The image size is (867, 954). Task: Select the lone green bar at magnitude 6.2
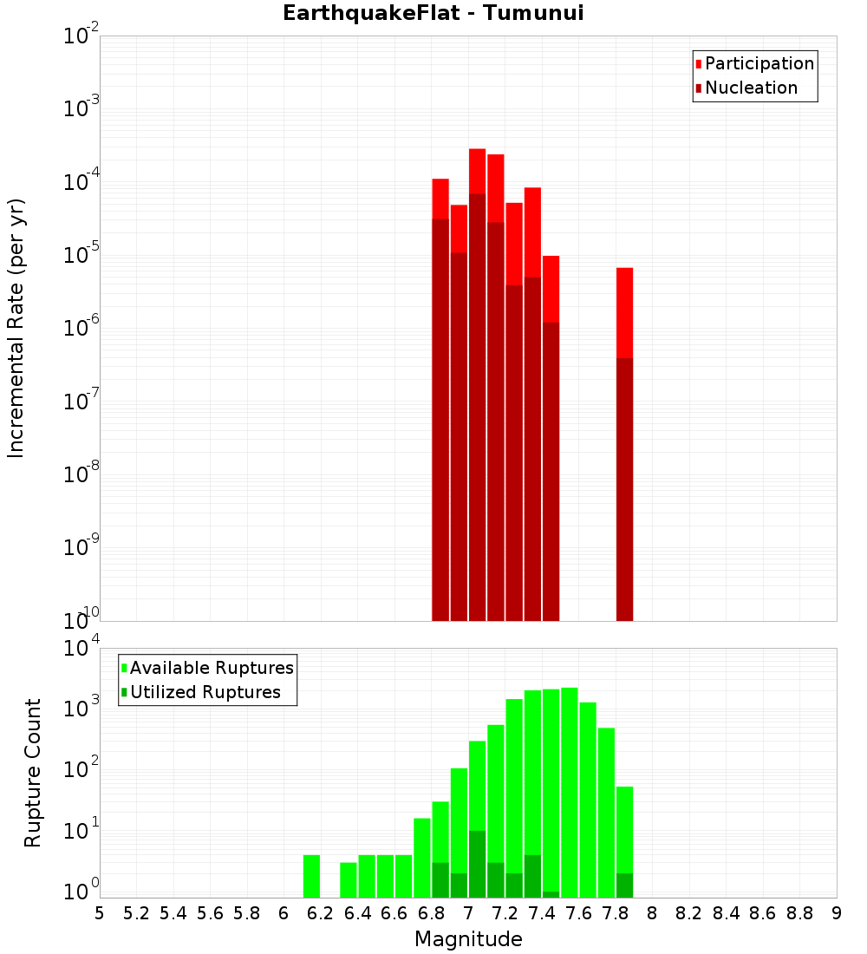click(x=311, y=876)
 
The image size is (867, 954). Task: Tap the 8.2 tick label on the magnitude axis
click(x=689, y=913)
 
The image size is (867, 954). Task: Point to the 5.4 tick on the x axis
click(x=173, y=913)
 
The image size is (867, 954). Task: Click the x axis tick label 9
click(x=837, y=913)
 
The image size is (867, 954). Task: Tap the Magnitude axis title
click(x=468, y=939)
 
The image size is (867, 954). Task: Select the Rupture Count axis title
click(x=33, y=773)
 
